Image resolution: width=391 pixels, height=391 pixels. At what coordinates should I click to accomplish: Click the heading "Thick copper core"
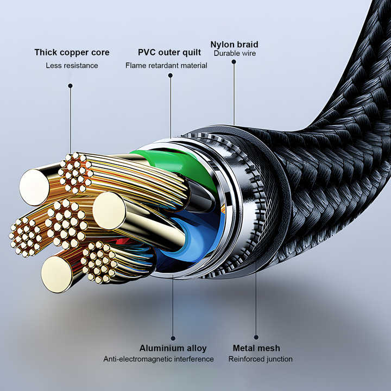pyautogui.click(x=72, y=52)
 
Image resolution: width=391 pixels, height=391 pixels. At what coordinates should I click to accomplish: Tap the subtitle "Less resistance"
pyautogui.click(x=72, y=65)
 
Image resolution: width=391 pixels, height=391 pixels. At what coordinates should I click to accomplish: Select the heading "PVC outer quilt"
pyautogui.click(x=169, y=52)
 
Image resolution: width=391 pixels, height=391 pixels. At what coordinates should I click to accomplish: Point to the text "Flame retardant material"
pyautogui.click(x=166, y=65)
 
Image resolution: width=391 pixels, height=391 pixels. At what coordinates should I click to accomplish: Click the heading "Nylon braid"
pyautogui.click(x=235, y=45)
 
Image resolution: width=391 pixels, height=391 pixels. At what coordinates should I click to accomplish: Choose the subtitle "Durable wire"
pyautogui.click(x=235, y=53)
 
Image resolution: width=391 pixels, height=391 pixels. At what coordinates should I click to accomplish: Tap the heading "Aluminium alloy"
pyautogui.click(x=173, y=348)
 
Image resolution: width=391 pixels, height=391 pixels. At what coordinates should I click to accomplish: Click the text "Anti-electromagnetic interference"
pyautogui.click(x=159, y=359)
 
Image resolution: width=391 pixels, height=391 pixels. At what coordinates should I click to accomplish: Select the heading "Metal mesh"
pyautogui.click(x=256, y=348)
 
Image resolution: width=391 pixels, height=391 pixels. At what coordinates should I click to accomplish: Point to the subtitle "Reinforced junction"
pyautogui.click(x=261, y=359)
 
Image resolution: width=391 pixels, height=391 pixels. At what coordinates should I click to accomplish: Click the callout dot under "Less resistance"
pyautogui.click(x=70, y=86)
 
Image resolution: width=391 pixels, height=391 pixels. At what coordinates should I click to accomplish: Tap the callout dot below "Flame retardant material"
pyautogui.click(x=171, y=75)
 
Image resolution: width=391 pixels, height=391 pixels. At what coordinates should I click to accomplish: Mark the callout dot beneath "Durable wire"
pyautogui.click(x=234, y=61)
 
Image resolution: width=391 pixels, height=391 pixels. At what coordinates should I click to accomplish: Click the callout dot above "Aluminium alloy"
pyautogui.click(x=173, y=338)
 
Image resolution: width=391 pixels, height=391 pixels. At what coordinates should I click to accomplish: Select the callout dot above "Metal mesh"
pyautogui.click(x=256, y=337)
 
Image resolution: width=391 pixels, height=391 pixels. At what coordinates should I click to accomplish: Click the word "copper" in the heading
pyautogui.click(x=74, y=53)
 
